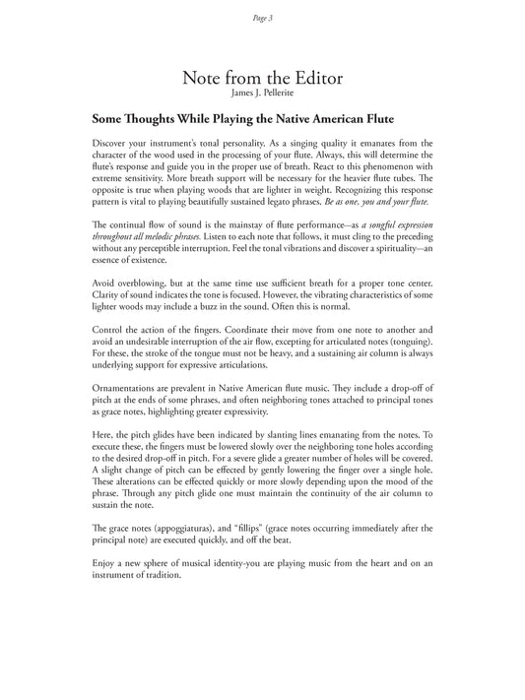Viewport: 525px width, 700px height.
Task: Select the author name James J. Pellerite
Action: coord(262,95)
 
